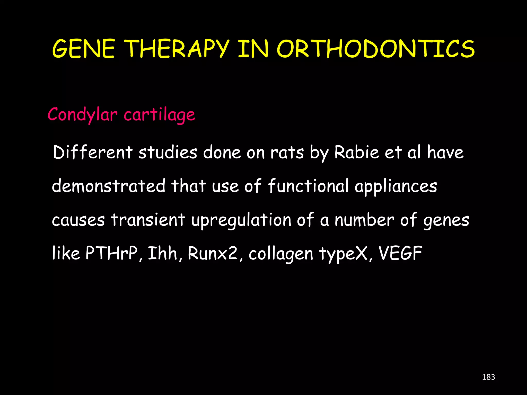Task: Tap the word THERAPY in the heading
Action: pos(178,49)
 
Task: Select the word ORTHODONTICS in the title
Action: pos(376,49)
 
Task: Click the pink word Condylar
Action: pos(83,115)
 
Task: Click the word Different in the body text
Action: pos(93,152)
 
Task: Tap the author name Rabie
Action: pos(356,152)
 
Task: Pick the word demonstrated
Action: pos(109,186)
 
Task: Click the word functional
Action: pos(308,186)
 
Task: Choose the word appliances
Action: pos(396,186)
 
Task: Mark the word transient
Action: pos(148,220)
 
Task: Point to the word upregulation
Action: pos(241,220)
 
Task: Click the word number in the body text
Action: pos(364,220)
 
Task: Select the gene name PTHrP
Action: pos(112,253)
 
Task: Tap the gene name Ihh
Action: pos(163,253)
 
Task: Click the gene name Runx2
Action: pos(213,253)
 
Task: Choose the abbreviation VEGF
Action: pos(400,253)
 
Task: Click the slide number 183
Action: pos(488,377)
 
